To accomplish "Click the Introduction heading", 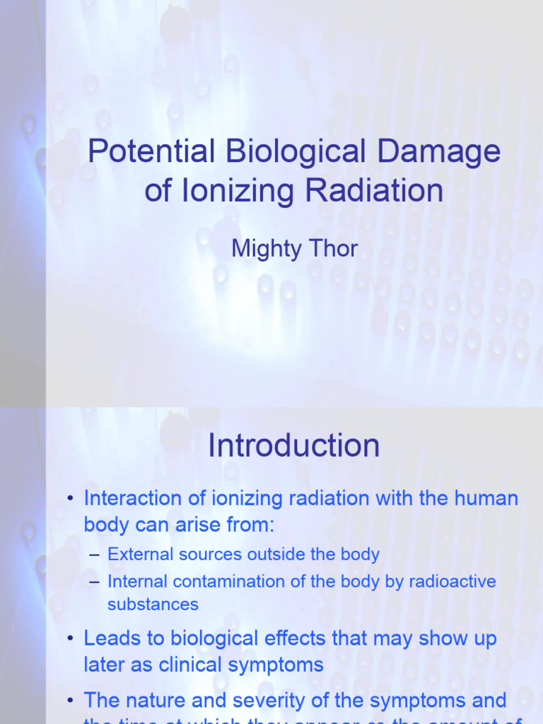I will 294,446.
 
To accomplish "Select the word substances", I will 153,605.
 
